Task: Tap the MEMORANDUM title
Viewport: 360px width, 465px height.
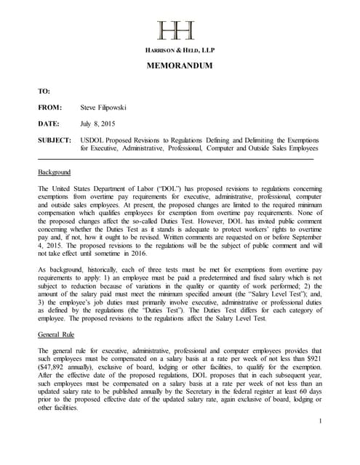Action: click(180, 66)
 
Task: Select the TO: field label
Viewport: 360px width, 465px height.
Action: click(44, 91)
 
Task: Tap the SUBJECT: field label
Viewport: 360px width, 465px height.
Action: click(54, 140)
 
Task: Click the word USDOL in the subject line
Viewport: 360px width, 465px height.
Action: click(94, 140)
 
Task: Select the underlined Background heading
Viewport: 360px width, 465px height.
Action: click(54, 172)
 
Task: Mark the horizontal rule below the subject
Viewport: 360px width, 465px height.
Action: click(175, 158)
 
